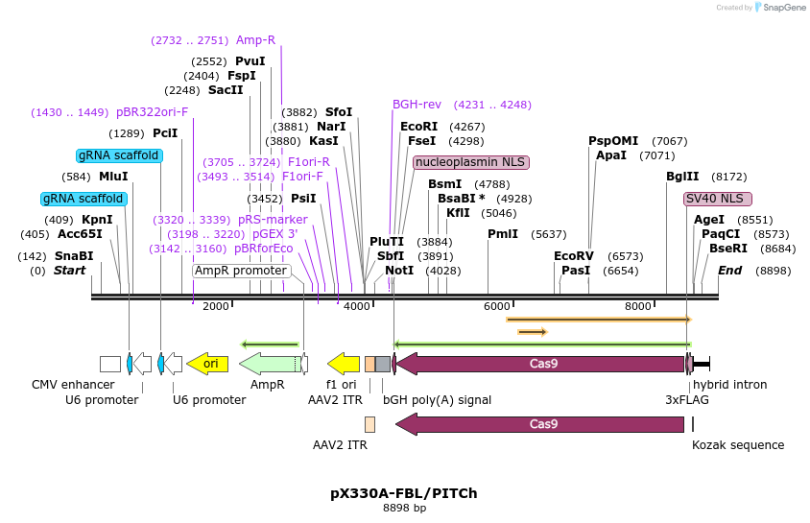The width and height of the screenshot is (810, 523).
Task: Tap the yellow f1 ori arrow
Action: pyautogui.click(x=344, y=364)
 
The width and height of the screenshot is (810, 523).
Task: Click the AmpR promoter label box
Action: pyautogui.click(x=241, y=271)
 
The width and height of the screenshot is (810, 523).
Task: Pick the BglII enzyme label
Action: pyautogui.click(x=682, y=177)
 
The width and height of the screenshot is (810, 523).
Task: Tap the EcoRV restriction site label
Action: pyautogui.click(x=574, y=256)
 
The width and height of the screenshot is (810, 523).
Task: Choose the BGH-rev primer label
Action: pyautogui.click(x=417, y=105)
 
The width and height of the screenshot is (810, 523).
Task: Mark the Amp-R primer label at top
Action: pyautogui.click(x=255, y=40)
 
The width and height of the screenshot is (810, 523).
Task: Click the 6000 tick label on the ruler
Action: pyautogui.click(x=497, y=306)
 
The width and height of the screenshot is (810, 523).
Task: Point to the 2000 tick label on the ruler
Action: pyautogui.click(x=216, y=306)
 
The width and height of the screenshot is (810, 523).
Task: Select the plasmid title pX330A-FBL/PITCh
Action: pyautogui.click(x=404, y=493)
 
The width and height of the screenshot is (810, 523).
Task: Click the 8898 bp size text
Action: pyautogui.click(x=404, y=508)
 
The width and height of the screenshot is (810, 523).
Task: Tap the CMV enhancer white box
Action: pyautogui.click(x=110, y=364)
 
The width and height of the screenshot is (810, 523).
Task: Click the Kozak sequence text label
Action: pyautogui.click(x=738, y=444)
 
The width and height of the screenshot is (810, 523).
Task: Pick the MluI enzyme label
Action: pyautogui.click(x=113, y=177)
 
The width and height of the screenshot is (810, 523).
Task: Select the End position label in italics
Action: pyautogui.click(x=729, y=271)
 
